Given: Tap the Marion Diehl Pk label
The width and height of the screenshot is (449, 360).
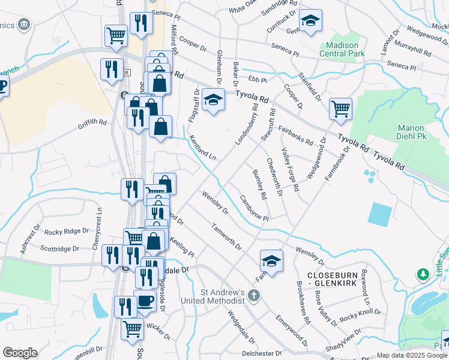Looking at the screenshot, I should (x=411, y=133).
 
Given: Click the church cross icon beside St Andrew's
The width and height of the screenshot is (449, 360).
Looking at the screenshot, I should (x=255, y=295).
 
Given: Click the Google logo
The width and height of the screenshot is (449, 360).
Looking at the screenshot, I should (x=20, y=353).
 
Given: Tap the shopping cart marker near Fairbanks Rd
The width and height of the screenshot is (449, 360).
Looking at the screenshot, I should (x=340, y=109).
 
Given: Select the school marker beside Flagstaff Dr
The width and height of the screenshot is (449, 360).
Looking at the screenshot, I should (x=213, y=100).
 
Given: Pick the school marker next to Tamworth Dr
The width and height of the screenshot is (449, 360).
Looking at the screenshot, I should (x=271, y=261).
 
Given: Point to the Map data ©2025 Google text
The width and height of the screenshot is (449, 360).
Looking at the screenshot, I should (x=412, y=355).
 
